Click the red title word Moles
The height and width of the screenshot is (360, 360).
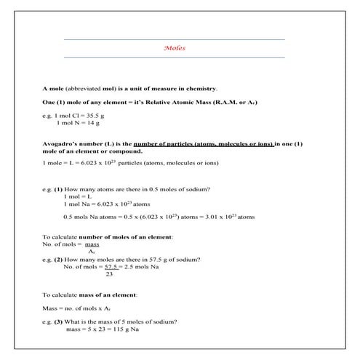pyautogui.click(x=175, y=49)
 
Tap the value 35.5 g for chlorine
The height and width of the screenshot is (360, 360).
pyautogui.click(x=98, y=116)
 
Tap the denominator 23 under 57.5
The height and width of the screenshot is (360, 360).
pyautogui.click(x=109, y=274)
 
